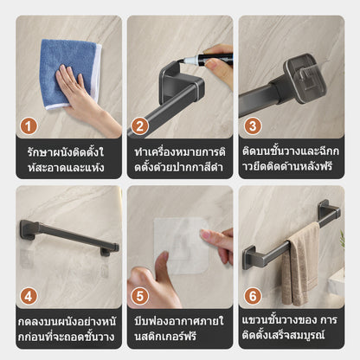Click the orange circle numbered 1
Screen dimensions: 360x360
[30, 126]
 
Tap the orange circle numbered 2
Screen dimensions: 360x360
[141, 126]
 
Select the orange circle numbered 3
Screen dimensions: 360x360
[253, 126]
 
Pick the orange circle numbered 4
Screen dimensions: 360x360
[30, 296]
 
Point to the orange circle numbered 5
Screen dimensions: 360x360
[141, 296]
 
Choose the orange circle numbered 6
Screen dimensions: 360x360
[253, 296]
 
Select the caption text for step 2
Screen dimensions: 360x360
[180, 159]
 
